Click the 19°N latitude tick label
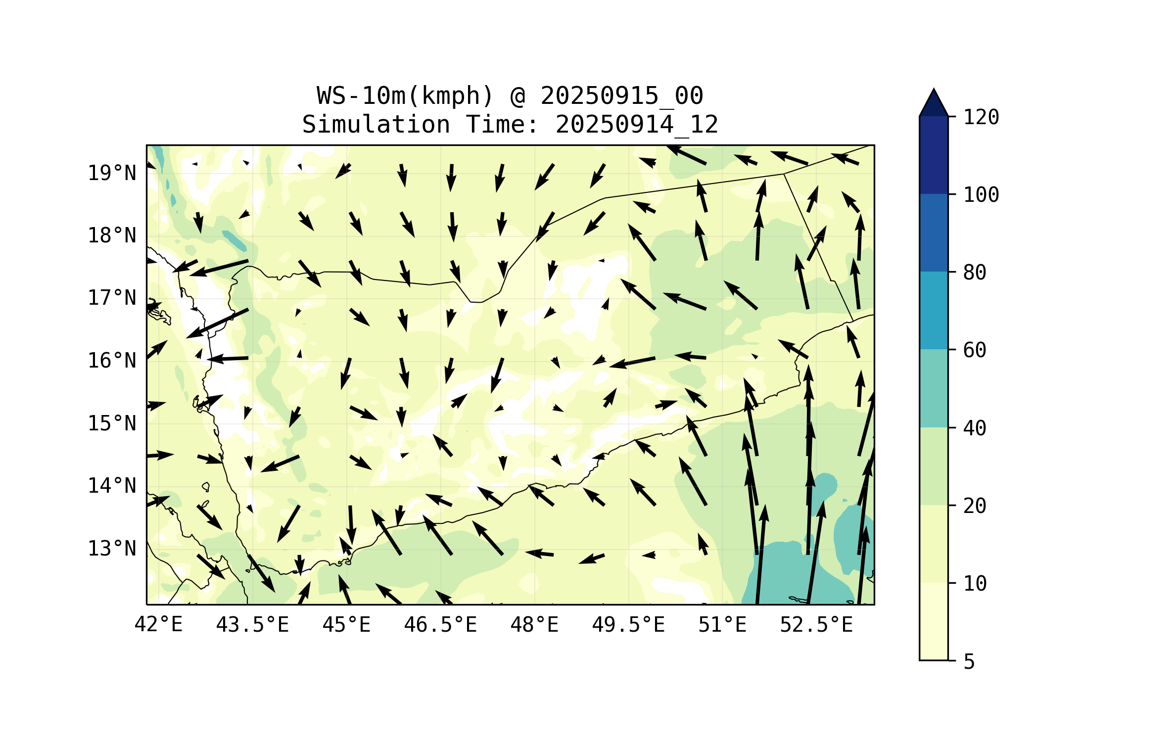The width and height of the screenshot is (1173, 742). (112, 173)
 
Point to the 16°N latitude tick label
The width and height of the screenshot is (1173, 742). (112, 361)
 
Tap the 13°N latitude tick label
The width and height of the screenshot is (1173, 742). (112, 549)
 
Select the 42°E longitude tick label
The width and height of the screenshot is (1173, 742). (158, 625)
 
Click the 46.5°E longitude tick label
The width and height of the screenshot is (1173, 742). (440, 625)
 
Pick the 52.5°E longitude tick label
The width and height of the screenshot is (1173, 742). (816, 625)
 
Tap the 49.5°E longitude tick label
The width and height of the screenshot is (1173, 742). (628, 625)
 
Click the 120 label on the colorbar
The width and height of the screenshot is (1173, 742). (981, 117)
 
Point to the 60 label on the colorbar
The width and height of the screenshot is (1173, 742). (975, 350)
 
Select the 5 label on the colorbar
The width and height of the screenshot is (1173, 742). (969, 662)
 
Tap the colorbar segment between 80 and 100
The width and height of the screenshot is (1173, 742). (934, 232)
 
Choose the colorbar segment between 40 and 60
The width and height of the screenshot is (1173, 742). (934, 388)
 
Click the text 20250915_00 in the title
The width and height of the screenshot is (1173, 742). (621, 96)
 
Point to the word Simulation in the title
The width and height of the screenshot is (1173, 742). (376, 125)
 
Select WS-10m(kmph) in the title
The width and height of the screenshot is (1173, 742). (405, 96)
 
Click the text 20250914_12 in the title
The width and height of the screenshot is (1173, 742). (637, 125)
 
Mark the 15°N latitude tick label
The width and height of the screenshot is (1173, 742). (112, 424)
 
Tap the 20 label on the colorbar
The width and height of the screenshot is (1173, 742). (975, 506)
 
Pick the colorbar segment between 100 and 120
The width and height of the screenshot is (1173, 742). (934, 155)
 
